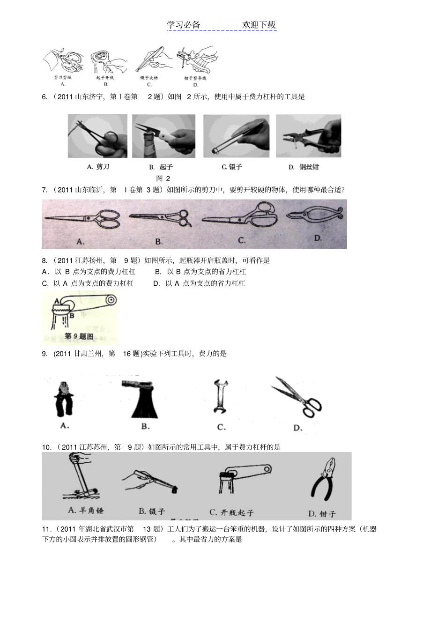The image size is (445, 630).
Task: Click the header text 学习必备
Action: pos(184,25)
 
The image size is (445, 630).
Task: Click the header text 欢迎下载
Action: pos(259,25)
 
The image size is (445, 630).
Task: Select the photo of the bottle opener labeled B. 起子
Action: pos(163,136)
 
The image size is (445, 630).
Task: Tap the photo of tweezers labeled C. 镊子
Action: pos(236,136)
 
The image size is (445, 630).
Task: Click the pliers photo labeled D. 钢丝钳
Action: pos(309,136)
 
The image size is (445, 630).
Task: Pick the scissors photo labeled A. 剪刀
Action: pos(97,136)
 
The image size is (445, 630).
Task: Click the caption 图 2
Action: pos(163,178)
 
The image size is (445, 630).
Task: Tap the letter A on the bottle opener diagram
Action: pos(57,301)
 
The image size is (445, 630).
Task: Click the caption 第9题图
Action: pos(78,336)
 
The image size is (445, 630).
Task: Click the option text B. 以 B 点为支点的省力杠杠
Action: pos(200,272)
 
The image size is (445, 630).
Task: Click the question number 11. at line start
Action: pos(46,529)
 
